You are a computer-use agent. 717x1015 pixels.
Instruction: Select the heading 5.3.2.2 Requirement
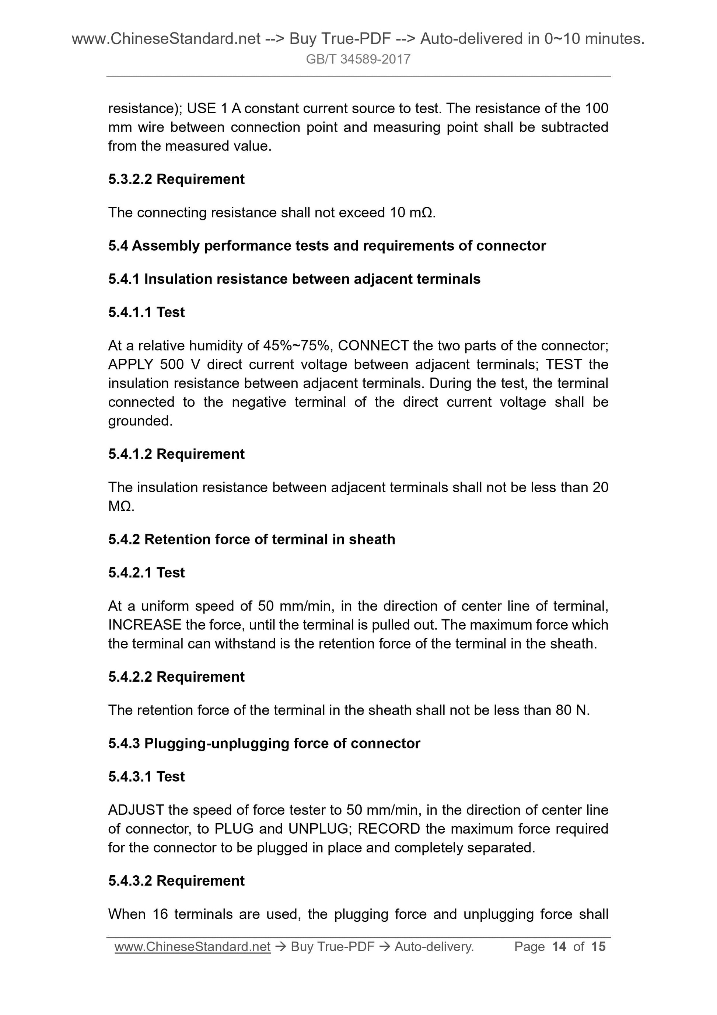(x=176, y=179)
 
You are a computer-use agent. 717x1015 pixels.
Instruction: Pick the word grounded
(x=139, y=421)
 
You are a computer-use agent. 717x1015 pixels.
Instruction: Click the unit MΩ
(x=119, y=506)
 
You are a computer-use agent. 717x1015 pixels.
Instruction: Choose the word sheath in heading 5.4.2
(x=371, y=539)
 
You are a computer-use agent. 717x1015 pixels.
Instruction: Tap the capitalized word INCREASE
(x=144, y=625)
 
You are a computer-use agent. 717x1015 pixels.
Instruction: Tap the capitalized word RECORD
(x=388, y=828)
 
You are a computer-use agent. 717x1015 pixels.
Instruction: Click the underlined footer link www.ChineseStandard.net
(x=192, y=946)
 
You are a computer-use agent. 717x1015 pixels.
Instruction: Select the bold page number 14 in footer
(x=559, y=946)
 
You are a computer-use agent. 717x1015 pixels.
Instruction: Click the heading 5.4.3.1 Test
(x=146, y=776)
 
